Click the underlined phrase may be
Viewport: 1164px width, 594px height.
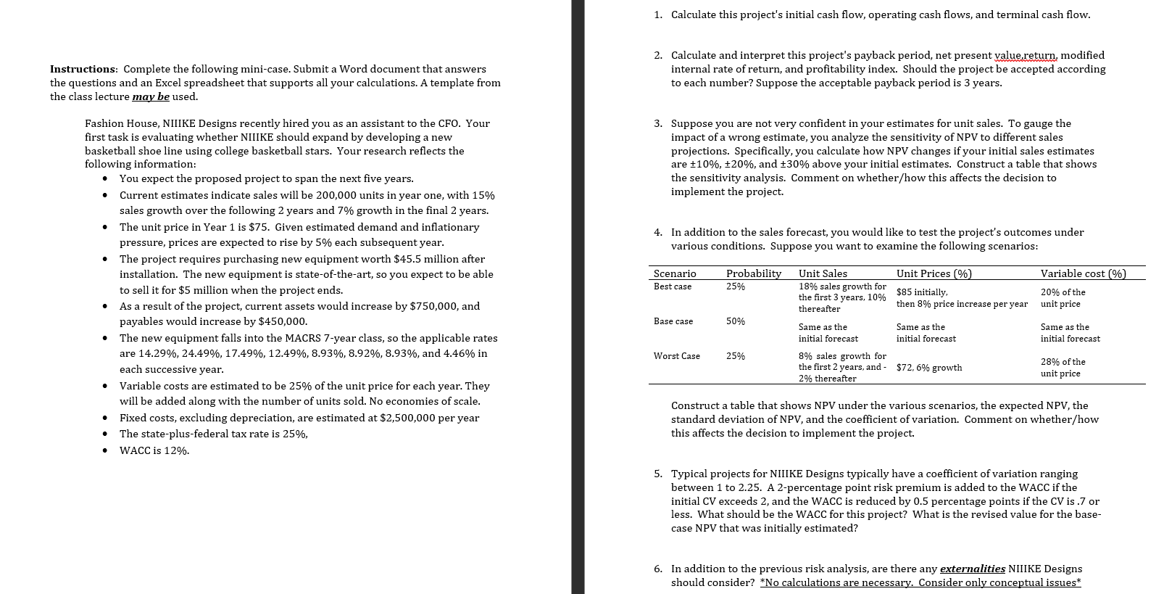click(x=151, y=96)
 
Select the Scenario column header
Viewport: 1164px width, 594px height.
click(x=674, y=273)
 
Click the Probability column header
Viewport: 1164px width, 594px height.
click(x=753, y=273)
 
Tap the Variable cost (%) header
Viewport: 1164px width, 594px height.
click(x=1083, y=273)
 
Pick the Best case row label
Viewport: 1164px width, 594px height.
click(x=672, y=286)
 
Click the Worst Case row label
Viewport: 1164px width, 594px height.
click(x=676, y=356)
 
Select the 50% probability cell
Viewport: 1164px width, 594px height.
click(x=735, y=321)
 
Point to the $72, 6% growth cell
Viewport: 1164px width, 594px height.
click(x=928, y=368)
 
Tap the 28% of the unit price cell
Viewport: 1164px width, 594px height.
click(x=1063, y=368)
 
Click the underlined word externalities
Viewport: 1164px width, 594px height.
click(x=972, y=569)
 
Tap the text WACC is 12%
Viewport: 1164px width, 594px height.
click(x=154, y=450)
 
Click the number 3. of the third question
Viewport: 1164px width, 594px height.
click(x=657, y=124)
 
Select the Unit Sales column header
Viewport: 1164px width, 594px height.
click(x=822, y=273)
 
